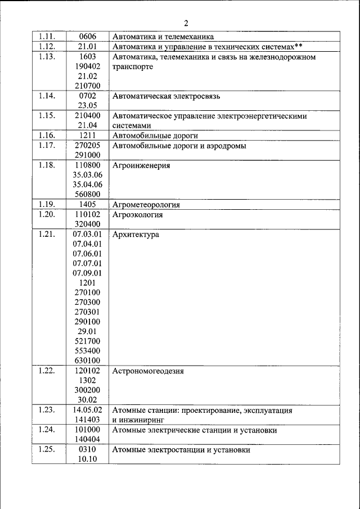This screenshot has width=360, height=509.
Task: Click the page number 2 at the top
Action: tap(186, 23)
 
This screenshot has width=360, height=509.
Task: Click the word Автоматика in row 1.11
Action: tap(133, 37)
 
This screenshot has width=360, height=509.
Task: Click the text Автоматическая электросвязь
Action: tap(166, 96)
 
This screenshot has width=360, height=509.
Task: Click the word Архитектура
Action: tap(136, 235)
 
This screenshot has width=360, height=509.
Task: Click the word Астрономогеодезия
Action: tap(148, 371)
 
